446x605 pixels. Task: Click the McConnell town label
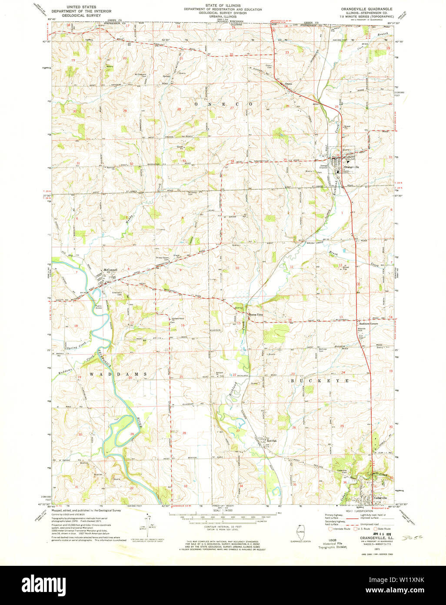click(x=105, y=270)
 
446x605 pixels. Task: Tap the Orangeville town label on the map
click(x=351, y=167)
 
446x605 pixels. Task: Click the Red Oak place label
click(x=272, y=441)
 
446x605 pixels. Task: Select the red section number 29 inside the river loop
click(x=132, y=434)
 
